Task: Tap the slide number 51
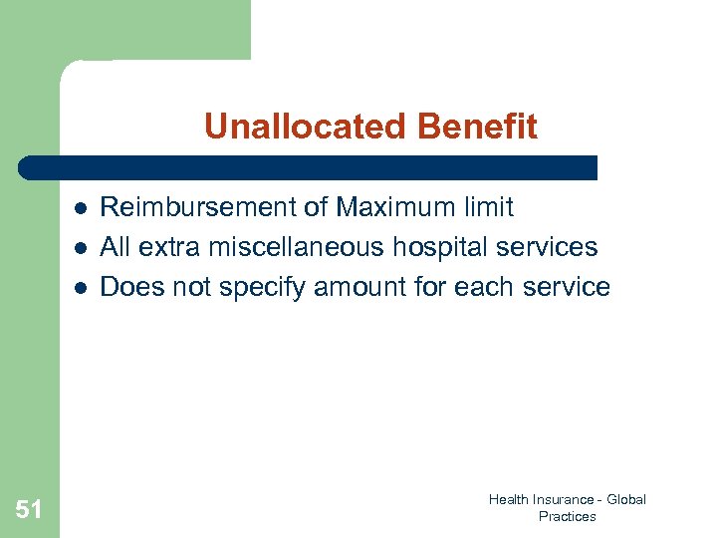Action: click(29, 510)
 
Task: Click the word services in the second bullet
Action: click(552, 247)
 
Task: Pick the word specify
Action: click(261, 288)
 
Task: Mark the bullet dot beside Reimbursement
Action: click(79, 208)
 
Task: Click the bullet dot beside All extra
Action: click(79, 248)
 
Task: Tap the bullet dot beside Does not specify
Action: click(79, 288)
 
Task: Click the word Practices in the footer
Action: click(567, 516)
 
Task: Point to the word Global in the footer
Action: click(626, 499)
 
